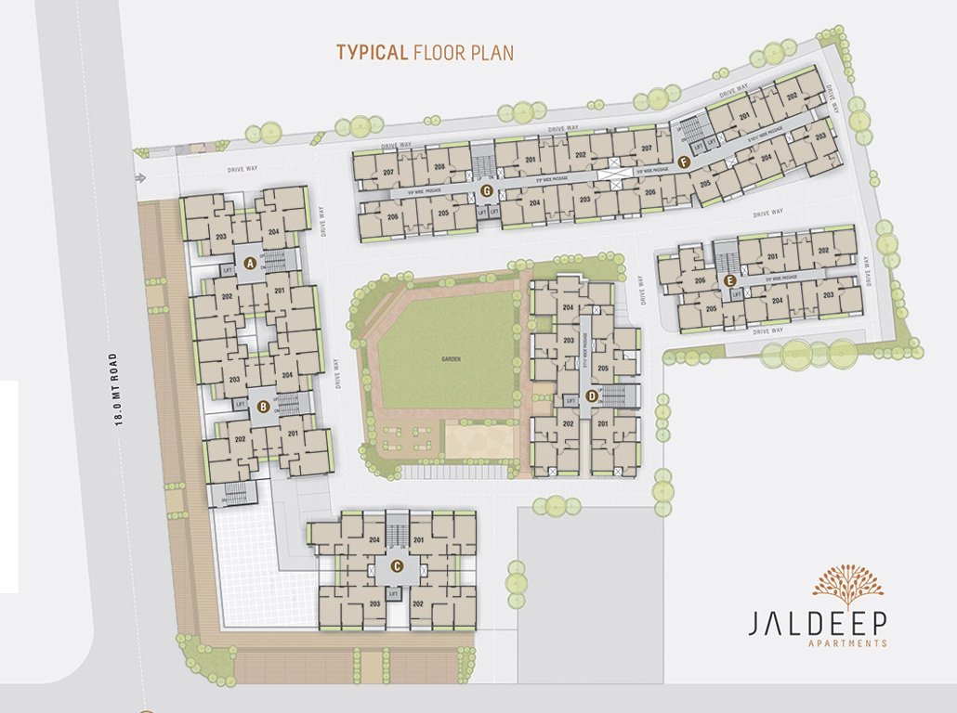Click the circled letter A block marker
[x=249, y=264]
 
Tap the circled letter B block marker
[x=264, y=406]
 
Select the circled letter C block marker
[x=397, y=566]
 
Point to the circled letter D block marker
[x=591, y=397]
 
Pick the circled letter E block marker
[x=729, y=279]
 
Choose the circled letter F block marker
[x=684, y=162]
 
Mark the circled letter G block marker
[x=486, y=191]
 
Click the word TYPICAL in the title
[x=372, y=52]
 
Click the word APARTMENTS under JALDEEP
[x=847, y=643]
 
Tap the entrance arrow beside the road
[x=140, y=178]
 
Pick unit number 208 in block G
[x=439, y=167]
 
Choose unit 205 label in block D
[x=603, y=369]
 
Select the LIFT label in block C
[x=394, y=592]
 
